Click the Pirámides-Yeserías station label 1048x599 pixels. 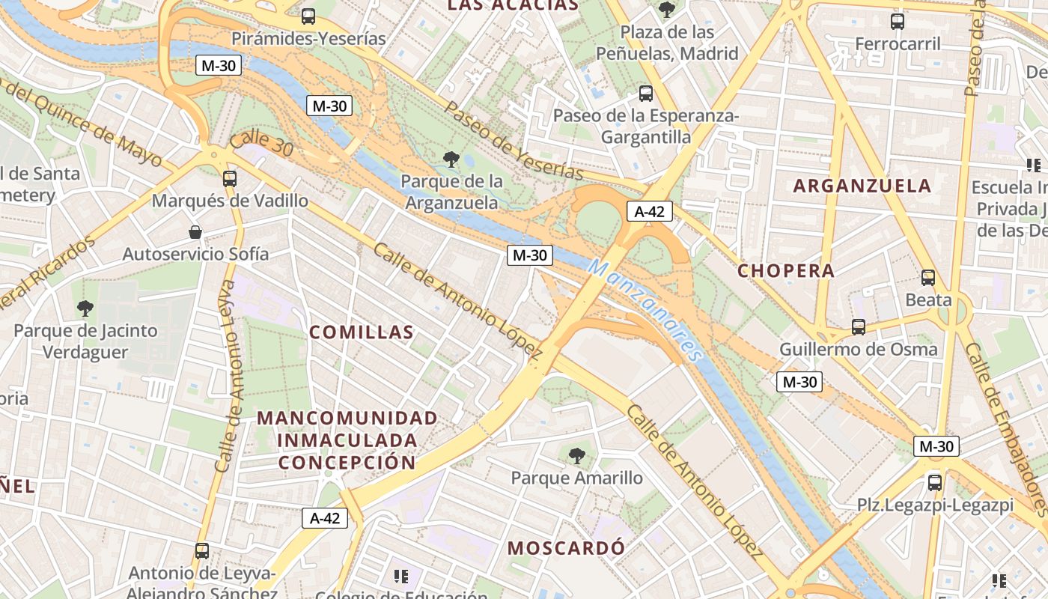click(308, 38)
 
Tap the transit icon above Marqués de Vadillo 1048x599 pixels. click(230, 179)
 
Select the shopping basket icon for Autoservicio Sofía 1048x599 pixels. click(195, 232)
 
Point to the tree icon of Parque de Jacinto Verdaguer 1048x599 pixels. click(85, 308)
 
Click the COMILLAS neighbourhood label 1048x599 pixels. click(362, 332)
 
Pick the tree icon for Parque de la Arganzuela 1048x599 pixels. click(451, 159)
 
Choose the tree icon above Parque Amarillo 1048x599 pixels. click(576, 455)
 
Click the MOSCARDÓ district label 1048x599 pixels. click(566, 548)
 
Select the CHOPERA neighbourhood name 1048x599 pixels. click(786, 271)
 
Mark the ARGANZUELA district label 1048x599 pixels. click(862, 186)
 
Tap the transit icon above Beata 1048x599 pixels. click(928, 278)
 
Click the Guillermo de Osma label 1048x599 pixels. click(859, 349)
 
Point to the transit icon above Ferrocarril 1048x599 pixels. click(898, 22)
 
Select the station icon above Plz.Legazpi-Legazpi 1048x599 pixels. click(935, 482)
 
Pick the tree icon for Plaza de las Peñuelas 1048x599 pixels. click(666, 10)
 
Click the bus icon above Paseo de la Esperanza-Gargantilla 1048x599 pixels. click(645, 94)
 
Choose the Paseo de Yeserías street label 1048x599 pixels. click(514, 141)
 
